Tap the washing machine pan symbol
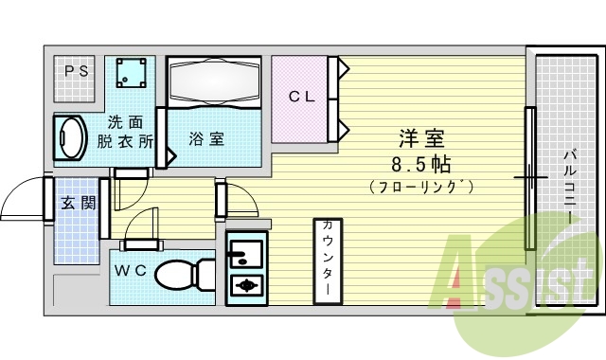(x=132, y=72)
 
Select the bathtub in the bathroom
(x=213, y=82)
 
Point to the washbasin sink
(x=71, y=138)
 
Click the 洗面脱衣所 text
(x=131, y=132)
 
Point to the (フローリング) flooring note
(x=421, y=187)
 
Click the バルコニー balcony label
(x=569, y=186)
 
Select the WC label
(x=130, y=270)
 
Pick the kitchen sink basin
(x=245, y=253)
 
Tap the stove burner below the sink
(x=246, y=285)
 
